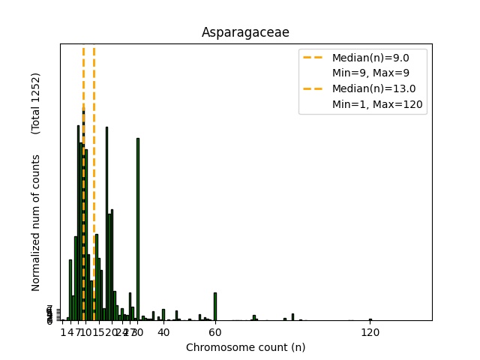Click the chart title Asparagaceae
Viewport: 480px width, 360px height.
click(245, 32)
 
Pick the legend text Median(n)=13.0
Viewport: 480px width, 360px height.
click(373, 88)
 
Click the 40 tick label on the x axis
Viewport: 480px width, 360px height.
click(163, 332)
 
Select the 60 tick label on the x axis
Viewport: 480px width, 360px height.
click(215, 332)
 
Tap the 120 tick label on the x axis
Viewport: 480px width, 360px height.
click(370, 332)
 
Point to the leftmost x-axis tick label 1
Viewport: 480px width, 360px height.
click(63, 332)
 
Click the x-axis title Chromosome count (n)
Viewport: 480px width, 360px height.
click(245, 347)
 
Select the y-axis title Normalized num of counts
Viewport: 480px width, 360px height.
click(36, 223)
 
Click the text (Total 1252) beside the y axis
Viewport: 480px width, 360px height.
click(36, 103)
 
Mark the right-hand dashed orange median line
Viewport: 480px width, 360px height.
click(94, 187)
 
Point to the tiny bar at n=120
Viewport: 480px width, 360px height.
click(370, 319)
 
